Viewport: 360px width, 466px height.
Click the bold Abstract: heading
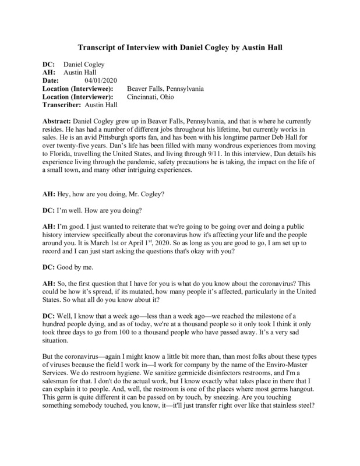pyautogui.click(x=60, y=119)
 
